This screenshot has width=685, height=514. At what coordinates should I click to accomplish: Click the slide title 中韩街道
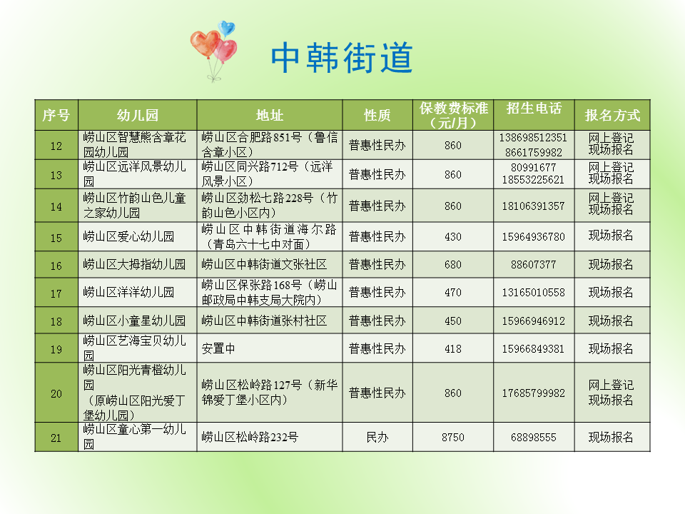[342, 58]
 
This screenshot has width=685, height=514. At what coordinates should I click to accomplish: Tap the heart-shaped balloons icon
[214, 49]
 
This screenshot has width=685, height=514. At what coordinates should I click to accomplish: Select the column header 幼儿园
[137, 116]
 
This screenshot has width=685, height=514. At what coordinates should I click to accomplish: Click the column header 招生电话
[534, 109]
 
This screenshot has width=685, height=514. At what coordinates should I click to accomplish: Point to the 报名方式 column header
[612, 116]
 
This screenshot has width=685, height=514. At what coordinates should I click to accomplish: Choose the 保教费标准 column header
[454, 115]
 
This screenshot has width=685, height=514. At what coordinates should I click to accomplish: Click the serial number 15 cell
[56, 237]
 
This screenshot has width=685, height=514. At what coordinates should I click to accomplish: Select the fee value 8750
[453, 438]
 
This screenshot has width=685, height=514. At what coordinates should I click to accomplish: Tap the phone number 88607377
[533, 265]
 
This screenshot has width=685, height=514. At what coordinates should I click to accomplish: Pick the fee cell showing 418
[453, 349]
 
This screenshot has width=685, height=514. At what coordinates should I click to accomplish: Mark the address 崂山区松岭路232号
[250, 438]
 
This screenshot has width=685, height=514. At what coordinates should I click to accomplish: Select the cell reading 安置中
[218, 349]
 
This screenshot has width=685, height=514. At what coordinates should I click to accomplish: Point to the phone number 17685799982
[533, 393]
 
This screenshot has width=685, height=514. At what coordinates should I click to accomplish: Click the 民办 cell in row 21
[377, 438]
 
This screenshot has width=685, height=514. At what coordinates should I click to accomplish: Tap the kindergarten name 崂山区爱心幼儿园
[128, 237]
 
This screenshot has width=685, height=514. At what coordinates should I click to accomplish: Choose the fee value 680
[453, 265]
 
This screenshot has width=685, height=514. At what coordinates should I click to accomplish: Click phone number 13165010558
[533, 293]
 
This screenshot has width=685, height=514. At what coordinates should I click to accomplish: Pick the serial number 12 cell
[56, 146]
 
